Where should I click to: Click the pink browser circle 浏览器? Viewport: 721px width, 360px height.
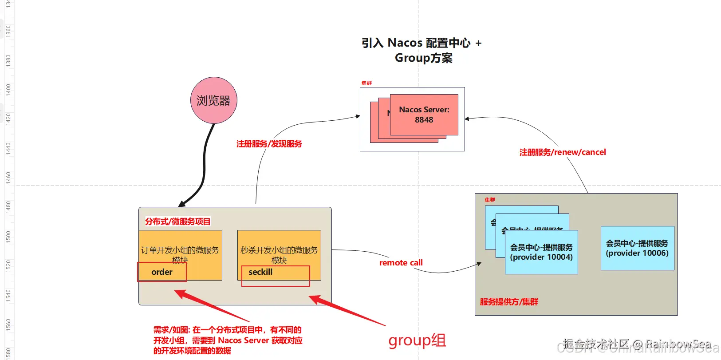[x=213, y=100]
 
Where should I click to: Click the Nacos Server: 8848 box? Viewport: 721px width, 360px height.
[x=424, y=115]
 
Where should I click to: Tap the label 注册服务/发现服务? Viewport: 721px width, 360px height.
[x=269, y=144]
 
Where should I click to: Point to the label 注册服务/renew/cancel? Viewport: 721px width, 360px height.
[x=563, y=152]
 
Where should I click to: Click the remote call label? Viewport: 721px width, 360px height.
[x=401, y=263]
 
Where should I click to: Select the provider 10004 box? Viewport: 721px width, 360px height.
[x=541, y=252]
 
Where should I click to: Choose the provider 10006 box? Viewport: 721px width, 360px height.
[x=637, y=248]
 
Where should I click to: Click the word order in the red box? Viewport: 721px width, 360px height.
[x=162, y=272]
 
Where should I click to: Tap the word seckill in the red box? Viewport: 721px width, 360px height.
[x=260, y=272]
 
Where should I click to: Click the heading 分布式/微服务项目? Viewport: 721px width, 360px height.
[x=177, y=222]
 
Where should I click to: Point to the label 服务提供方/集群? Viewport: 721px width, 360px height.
[x=508, y=302]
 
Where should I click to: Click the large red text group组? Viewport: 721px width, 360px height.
[x=417, y=340]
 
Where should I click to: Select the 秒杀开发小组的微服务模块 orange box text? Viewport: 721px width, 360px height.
[x=279, y=255]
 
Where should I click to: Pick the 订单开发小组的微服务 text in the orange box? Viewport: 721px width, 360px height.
[x=180, y=250]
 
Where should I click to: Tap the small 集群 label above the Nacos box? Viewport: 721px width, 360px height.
[x=366, y=83]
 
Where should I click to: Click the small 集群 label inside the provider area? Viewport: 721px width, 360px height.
[x=490, y=200]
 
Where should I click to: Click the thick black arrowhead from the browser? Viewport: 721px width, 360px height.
[x=182, y=204]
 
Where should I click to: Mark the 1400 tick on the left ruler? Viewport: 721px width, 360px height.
[x=8, y=90]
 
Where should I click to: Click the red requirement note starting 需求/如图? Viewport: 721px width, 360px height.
[x=228, y=340]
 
